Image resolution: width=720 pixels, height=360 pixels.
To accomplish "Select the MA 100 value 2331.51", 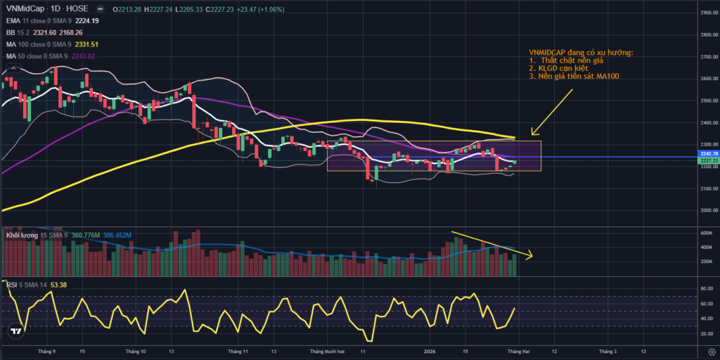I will pos(103,44).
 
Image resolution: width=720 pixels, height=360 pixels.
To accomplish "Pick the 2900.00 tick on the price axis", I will pos(708,13).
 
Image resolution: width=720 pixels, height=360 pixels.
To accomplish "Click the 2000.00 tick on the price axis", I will pos(708,210).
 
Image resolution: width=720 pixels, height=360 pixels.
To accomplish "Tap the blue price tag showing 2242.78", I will pos(708,153).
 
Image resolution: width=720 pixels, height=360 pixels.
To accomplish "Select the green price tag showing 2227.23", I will pos(708,161).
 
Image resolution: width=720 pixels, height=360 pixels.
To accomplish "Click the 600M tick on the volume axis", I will pos(707,233).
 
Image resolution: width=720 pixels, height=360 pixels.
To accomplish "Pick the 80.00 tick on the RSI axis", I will pos(707,288).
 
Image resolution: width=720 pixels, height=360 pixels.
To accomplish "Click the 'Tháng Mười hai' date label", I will pos(327,349).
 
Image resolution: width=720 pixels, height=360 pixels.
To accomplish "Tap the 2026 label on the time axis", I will pos(432,349).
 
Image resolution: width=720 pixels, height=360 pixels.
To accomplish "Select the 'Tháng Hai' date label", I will pos(519,349).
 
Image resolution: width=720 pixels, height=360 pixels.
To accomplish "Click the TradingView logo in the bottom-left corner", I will pos(15,330).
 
